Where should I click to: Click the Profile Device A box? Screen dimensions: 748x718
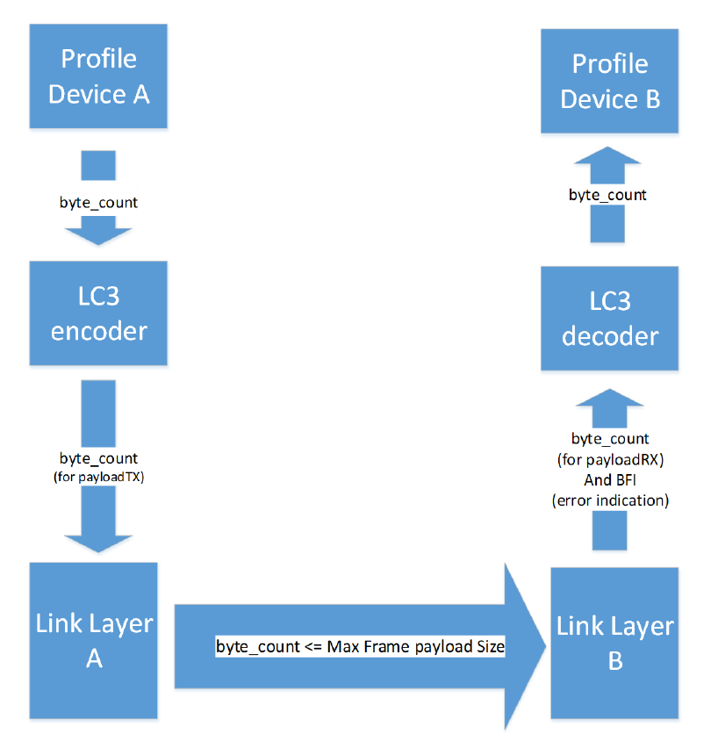point(98,77)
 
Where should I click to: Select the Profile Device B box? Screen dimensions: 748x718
point(609,82)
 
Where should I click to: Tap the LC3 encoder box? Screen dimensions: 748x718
point(98,313)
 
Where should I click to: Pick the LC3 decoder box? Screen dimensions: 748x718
point(609,319)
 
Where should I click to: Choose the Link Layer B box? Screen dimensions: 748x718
point(614,642)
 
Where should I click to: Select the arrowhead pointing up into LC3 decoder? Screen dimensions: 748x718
point(609,410)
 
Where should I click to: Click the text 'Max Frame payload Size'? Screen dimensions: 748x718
point(416,647)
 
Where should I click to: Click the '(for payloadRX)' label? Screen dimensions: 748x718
point(609,459)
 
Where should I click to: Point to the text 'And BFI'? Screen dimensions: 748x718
point(609,480)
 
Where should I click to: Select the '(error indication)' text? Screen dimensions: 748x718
point(609,500)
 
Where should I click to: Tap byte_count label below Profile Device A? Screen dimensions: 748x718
point(98,203)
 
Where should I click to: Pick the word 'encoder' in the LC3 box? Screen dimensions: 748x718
point(98,331)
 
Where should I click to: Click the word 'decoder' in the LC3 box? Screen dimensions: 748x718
point(609,336)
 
